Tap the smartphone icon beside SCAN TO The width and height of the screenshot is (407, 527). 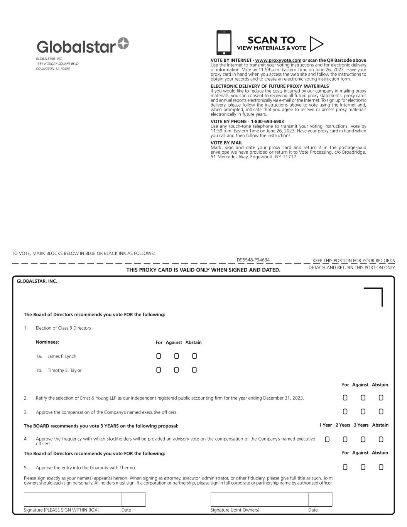click(x=224, y=42)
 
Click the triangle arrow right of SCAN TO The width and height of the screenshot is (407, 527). click(x=316, y=44)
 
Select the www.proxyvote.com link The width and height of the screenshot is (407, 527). click(x=278, y=60)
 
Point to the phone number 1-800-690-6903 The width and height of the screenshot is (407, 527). click(x=267, y=121)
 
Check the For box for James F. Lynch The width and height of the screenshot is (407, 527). click(x=159, y=356)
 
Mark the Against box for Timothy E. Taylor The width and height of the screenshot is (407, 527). click(x=176, y=370)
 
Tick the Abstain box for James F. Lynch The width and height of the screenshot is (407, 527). click(x=194, y=356)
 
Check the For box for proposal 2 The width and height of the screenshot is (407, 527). click(x=345, y=398)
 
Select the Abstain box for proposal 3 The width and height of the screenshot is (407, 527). click(x=381, y=412)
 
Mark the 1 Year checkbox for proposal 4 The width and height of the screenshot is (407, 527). click(x=327, y=439)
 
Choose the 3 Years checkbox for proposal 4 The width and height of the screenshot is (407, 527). click(x=363, y=439)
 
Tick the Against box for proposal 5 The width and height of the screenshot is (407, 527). click(x=363, y=467)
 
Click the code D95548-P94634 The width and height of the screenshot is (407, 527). click(x=253, y=260)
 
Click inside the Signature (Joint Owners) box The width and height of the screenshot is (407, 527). click(x=259, y=499)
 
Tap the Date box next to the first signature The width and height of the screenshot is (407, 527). click(x=133, y=499)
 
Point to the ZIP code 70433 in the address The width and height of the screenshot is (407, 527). click(x=65, y=69)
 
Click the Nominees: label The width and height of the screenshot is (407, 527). click(x=47, y=342)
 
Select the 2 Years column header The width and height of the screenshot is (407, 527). click(x=343, y=425)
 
